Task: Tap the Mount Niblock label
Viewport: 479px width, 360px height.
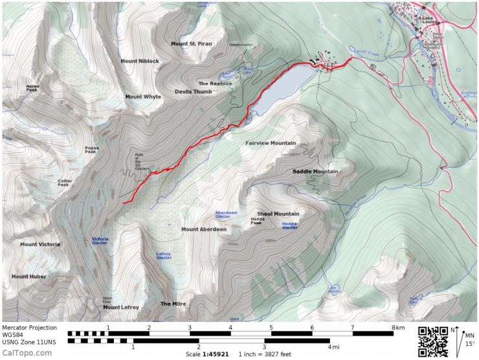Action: pyautogui.click(x=139, y=61)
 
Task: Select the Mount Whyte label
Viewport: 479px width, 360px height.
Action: pyautogui.click(x=143, y=96)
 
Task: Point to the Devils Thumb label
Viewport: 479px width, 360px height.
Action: pyautogui.click(x=193, y=92)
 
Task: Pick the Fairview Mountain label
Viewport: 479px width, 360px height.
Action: pyautogui.click(x=271, y=143)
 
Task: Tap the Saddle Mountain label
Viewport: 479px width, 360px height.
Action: pyautogui.click(x=316, y=172)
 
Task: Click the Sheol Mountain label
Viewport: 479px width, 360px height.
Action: pyautogui.click(x=278, y=214)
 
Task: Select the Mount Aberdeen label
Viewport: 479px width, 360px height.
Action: pyautogui.click(x=204, y=229)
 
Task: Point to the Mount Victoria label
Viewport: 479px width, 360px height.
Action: pyautogui.click(x=40, y=245)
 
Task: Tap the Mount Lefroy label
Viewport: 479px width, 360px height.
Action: pyautogui.click(x=121, y=307)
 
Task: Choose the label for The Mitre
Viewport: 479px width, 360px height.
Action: pyautogui.click(x=173, y=304)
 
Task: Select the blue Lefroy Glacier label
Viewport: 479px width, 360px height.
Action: pyautogui.click(x=164, y=256)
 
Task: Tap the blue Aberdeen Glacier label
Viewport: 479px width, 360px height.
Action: pyautogui.click(x=227, y=214)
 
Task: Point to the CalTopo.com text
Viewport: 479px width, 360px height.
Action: pyautogui.click(x=27, y=352)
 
